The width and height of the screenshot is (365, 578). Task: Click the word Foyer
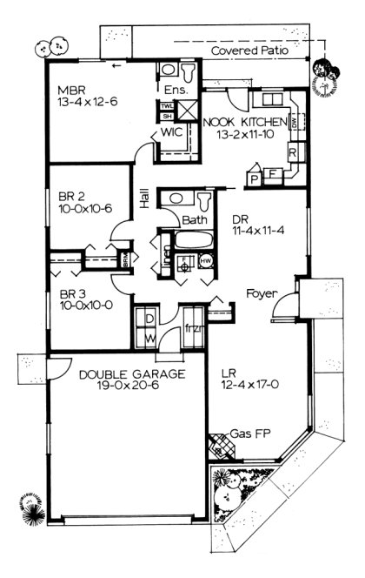point(260,292)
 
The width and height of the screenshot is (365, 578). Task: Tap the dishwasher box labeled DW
point(295,124)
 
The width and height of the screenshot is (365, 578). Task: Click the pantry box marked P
point(255,178)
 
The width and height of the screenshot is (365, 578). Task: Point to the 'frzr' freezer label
point(194,328)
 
